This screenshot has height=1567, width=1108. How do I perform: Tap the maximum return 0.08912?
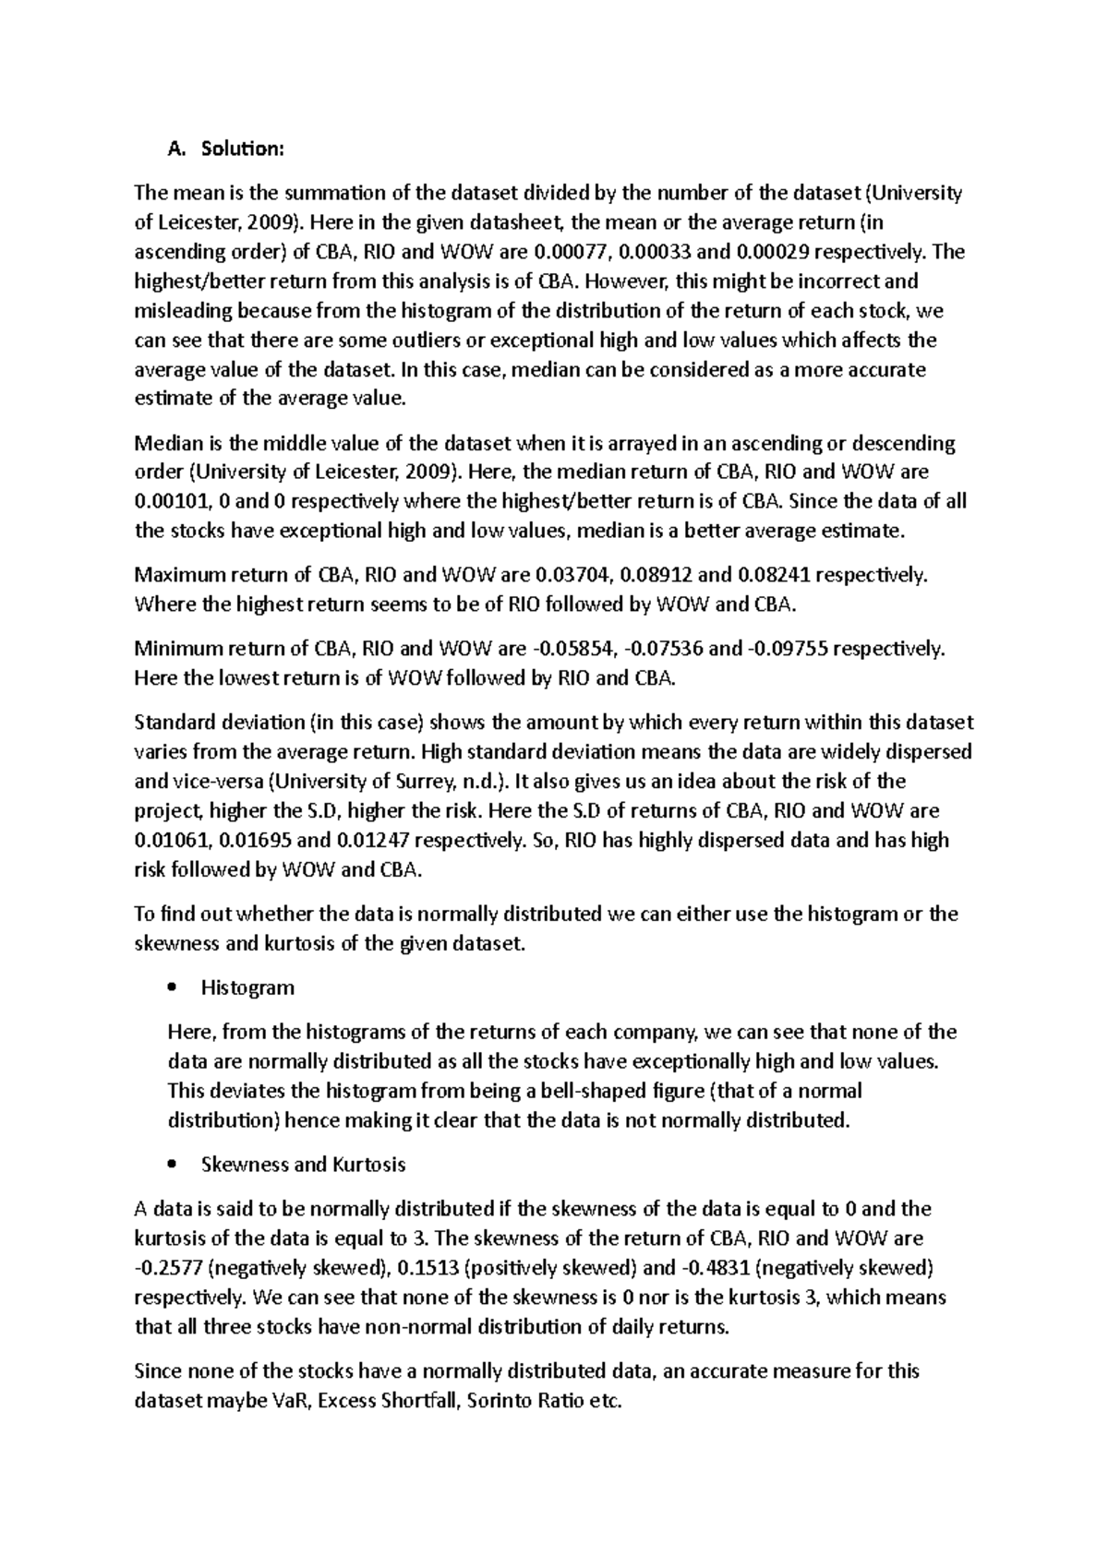(x=656, y=575)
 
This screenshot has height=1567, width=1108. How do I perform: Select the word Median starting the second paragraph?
(x=165, y=443)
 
